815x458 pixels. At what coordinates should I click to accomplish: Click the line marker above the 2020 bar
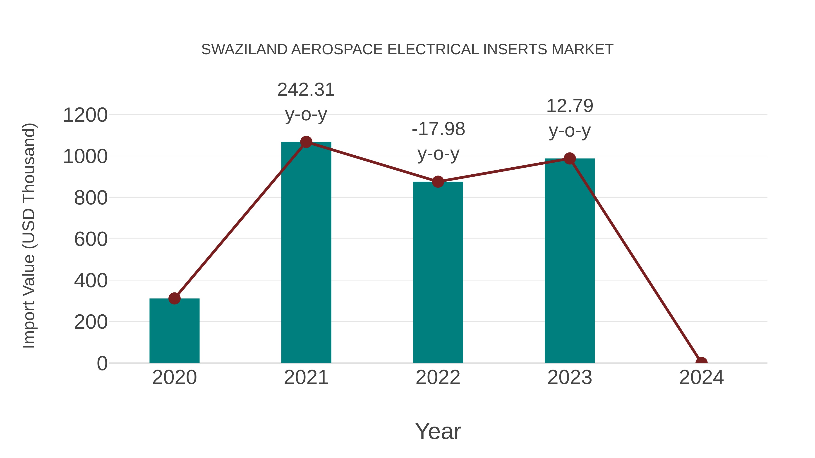click(174, 298)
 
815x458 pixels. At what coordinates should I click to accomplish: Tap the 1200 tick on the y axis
click(85, 115)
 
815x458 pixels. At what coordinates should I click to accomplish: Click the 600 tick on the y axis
click(91, 239)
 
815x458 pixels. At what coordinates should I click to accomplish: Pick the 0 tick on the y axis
click(102, 363)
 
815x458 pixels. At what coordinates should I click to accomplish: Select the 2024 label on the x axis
click(701, 377)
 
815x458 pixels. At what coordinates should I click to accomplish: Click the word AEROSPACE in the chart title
click(337, 50)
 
